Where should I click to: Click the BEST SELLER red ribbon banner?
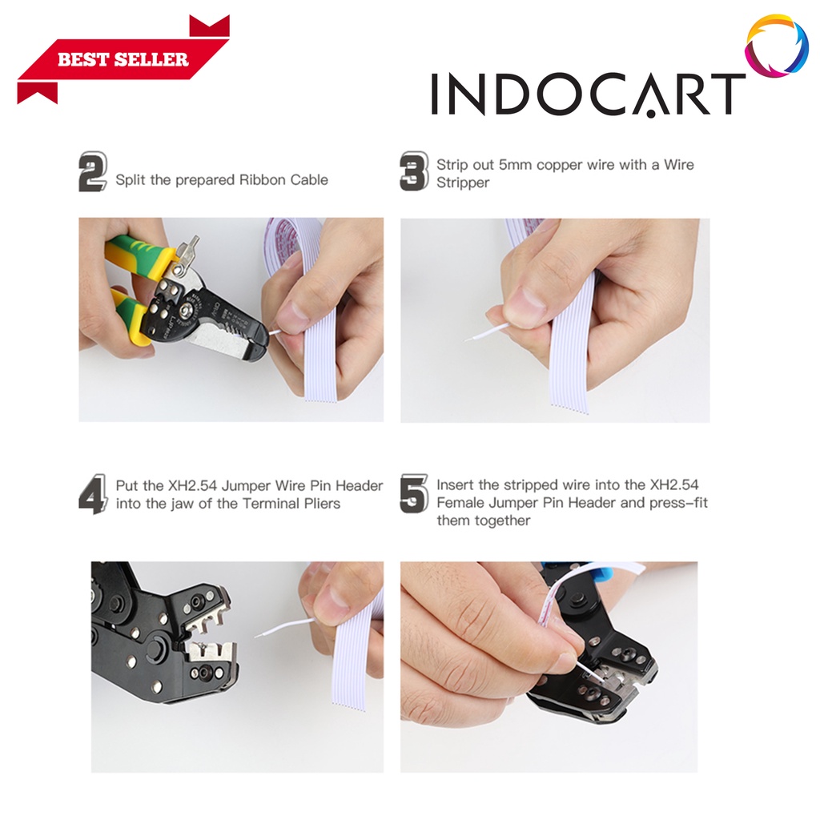click(123, 59)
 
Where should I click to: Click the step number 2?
click(93, 171)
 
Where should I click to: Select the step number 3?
click(414, 171)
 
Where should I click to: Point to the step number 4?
click(93, 494)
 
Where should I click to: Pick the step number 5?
click(414, 493)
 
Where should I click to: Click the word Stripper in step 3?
click(463, 183)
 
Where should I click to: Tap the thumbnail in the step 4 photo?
click(334, 602)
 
